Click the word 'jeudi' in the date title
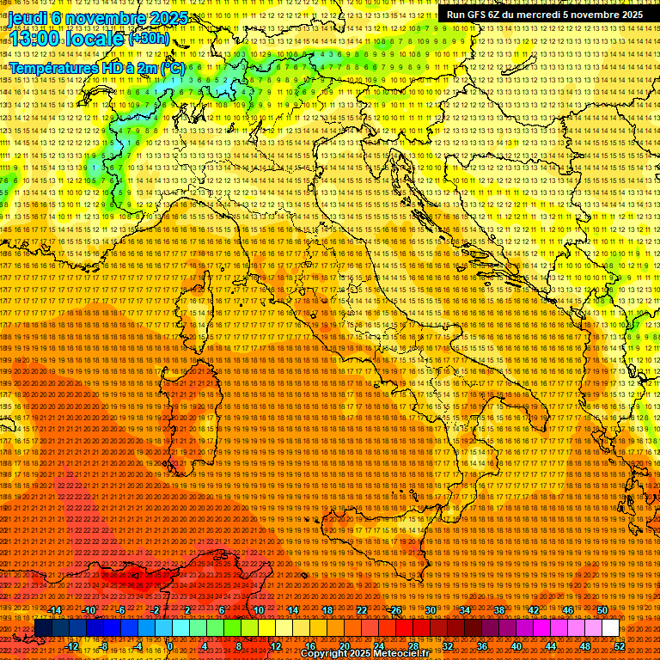click(x=27, y=18)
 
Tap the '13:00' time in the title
click(x=34, y=39)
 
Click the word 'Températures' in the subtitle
click(x=53, y=68)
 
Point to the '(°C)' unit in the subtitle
click(x=172, y=68)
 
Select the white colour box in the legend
click(x=610, y=627)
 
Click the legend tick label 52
click(x=620, y=646)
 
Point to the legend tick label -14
click(x=55, y=610)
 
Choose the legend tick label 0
click(x=171, y=646)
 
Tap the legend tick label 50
click(x=602, y=610)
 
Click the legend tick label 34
click(x=465, y=610)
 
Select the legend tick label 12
click(x=276, y=646)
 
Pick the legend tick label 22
click(x=362, y=610)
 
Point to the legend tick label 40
click(x=516, y=646)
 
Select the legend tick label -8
click(x=104, y=646)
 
